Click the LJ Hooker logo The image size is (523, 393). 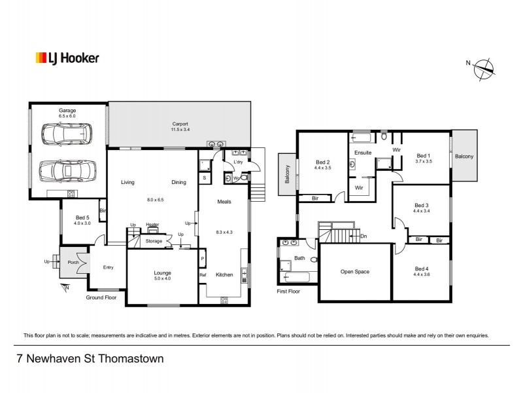[67, 58]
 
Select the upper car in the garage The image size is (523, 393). [66, 134]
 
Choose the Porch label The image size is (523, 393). [73, 263]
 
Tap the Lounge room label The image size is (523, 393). [162, 272]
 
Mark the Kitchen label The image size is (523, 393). [224, 274]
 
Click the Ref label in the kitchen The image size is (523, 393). [203, 275]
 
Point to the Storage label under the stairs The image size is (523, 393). [154, 241]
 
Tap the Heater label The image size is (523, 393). [152, 225]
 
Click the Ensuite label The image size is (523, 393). [363, 153]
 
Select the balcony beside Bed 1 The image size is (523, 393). [465, 156]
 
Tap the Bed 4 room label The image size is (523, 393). [422, 269]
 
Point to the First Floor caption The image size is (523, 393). [288, 291]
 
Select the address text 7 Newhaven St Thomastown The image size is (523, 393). [90, 359]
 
